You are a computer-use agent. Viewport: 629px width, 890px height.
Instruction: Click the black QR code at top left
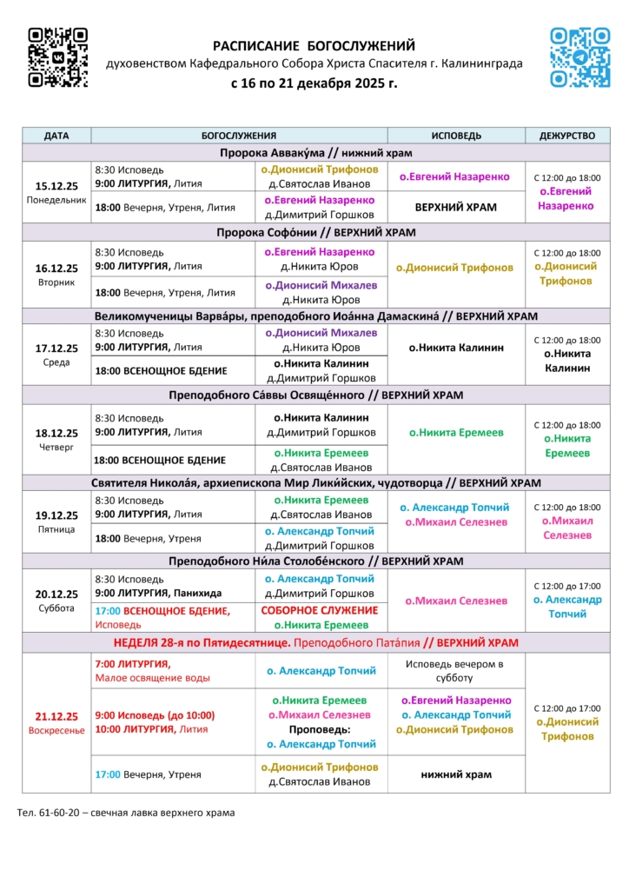click(57, 57)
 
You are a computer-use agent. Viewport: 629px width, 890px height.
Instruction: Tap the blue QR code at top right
click(580, 57)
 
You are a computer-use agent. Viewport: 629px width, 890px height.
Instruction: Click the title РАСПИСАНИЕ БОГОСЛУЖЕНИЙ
click(314, 46)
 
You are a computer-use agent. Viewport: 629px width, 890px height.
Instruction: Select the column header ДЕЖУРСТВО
click(567, 136)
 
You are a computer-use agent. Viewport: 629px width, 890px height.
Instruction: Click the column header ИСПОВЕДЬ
click(456, 136)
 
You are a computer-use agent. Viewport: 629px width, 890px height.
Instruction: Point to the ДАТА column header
click(56, 136)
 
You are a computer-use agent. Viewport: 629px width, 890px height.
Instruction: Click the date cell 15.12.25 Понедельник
click(56, 192)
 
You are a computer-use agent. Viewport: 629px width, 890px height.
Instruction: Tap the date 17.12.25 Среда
click(56, 355)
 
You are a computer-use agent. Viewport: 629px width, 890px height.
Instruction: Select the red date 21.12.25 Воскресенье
click(56, 723)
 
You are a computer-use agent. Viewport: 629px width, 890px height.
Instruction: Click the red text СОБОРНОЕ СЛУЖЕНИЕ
click(320, 610)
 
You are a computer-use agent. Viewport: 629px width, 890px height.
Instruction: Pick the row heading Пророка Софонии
click(316, 233)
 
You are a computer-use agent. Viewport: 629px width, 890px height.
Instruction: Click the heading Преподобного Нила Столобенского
click(316, 561)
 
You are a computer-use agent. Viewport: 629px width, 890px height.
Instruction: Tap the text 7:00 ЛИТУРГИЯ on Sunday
click(133, 664)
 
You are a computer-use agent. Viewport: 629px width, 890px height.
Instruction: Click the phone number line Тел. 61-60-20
click(126, 814)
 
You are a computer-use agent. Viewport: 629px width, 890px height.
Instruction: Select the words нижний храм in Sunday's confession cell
click(456, 774)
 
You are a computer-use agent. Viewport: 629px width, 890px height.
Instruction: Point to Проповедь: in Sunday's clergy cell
click(321, 730)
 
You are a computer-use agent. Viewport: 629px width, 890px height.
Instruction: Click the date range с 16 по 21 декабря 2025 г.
click(314, 84)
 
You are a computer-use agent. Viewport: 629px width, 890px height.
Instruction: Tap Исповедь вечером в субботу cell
click(456, 670)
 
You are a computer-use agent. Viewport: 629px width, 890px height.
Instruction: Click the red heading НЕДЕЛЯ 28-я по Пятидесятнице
click(202, 643)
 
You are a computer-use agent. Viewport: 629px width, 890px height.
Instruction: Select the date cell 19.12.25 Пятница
click(56, 521)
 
